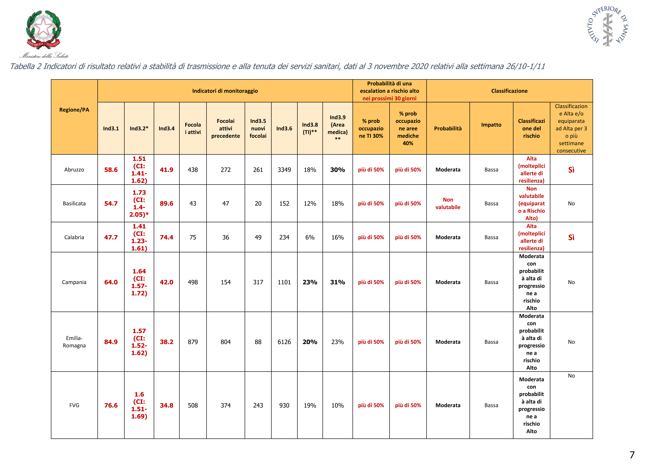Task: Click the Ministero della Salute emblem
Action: pyautogui.click(x=44, y=31)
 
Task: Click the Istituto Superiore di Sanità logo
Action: pyautogui.click(x=608, y=26)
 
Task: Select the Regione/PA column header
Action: pyautogui.click(x=74, y=110)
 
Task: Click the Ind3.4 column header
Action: pyautogui.click(x=167, y=128)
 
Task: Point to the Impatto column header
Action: pyautogui.click(x=491, y=125)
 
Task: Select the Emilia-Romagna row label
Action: pyautogui.click(x=74, y=342)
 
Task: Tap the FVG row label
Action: pyautogui.click(x=74, y=405)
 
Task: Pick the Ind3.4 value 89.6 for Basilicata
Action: pyautogui.click(x=167, y=204)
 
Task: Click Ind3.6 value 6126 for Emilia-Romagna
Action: pyautogui.click(x=284, y=342)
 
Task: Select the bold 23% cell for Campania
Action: pyautogui.click(x=310, y=282)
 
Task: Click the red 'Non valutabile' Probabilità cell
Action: pyautogui.click(x=448, y=203)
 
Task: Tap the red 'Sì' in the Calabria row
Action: pyautogui.click(x=571, y=237)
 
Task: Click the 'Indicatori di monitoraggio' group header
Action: pyautogui.click(x=225, y=91)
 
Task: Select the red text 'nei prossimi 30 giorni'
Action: pyautogui.click(x=389, y=98)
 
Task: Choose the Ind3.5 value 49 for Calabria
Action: pyautogui.click(x=258, y=237)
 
